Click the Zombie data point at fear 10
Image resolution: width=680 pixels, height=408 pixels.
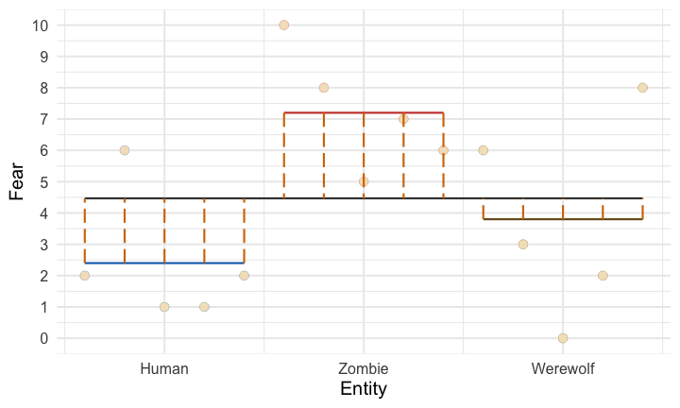tap(283, 25)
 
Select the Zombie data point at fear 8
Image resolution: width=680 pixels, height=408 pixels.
tap(324, 88)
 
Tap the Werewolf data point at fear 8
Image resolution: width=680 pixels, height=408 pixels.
tap(642, 88)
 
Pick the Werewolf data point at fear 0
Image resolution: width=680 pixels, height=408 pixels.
tap(563, 338)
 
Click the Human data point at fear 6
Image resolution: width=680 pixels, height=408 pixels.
tap(125, 150)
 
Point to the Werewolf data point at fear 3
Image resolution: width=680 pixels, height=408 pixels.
tap(523, 245)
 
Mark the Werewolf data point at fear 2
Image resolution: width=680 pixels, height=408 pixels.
tap(603, 276)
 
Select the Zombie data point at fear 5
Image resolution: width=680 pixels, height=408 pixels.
tap(364, 181)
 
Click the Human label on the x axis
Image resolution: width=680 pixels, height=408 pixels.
tap(164, 368)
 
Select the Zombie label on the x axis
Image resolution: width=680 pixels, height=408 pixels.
tap(364, 368)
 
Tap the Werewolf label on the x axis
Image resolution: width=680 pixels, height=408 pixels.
tap(563, 368)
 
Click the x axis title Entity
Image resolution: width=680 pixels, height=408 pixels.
tap(364, 389)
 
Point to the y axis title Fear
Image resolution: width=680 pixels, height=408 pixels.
tap(16, 181)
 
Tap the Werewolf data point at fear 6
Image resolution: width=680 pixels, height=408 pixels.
tap(484, 150)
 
